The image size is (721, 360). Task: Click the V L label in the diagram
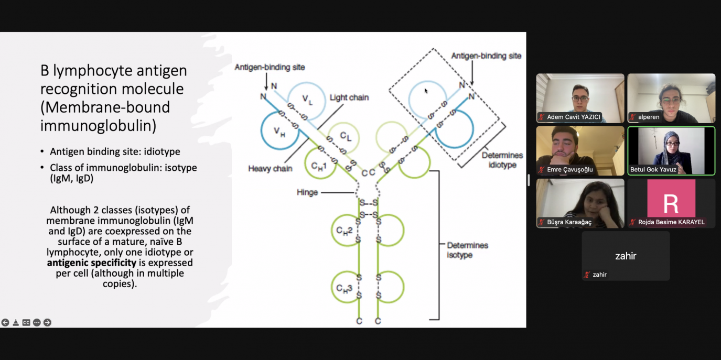click(x=307, y=100)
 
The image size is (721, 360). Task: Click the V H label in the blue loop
click(x=279, y=132)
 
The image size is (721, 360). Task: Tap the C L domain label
click(x=346, y=137)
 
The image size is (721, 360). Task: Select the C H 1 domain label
click(x=319, y=166)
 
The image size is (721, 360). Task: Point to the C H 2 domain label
click(x=344, y=231)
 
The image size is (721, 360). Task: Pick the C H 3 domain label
click(x=344, y=289)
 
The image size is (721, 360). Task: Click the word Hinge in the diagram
click(x=307, y=192)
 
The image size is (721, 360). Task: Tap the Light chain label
click(x=349, y=97)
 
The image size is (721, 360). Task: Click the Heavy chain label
click(x=270, y=169)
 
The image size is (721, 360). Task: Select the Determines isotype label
click(x=467, y=250)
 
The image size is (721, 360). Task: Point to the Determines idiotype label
click(x=502, y=160)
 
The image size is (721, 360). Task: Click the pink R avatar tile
click(x=671, y=198)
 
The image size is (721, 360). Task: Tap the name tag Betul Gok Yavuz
click(x=653, y=170)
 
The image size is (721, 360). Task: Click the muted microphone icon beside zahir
click(x=587, y=275)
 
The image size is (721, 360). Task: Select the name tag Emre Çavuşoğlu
click(x=569, y=170)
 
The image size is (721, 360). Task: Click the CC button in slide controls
click(x=26, y=322)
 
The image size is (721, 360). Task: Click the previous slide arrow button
click(x=5, y=322)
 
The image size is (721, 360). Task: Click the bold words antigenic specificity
click(x=92, y=263)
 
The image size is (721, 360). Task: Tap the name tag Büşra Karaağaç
click(x=569, y=222)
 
